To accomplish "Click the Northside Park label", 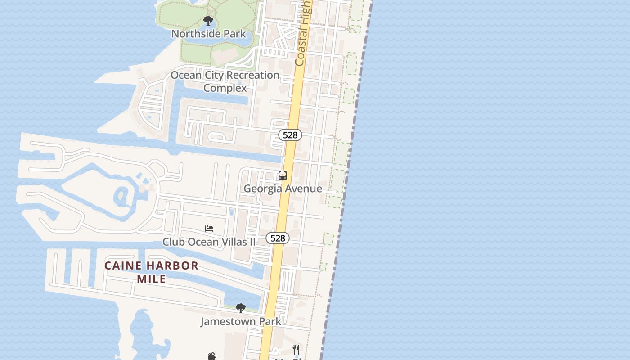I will pyautogui.click(x=209, y=34).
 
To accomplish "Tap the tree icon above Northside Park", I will pyautogui.click(x=208, y=21).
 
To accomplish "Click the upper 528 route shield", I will pyautogui.click(x=290, y=135).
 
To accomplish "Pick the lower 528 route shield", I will pyautogui.click(x=278, y=238).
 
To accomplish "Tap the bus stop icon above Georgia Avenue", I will pyautogui.click(x=283, y=175).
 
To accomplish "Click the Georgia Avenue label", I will pyautogui.click(x=283, y=189).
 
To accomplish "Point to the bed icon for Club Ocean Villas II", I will pyautogui.click(x=209, y=229).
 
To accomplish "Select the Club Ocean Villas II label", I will pyautogui.click(x=209, y=242).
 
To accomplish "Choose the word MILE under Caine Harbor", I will pyautogui.click(x=152, y=279).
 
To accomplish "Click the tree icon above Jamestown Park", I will pyautogui.click(x=241, y=308).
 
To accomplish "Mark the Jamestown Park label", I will pyautogui.click(x=241, y=321).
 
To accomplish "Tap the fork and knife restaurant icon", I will pyautogui.click(x=296, y=349).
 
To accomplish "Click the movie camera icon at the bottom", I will pyautogui.click(x=212, y=356).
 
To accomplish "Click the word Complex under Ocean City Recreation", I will pyautogui.click(x=225, y=88).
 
